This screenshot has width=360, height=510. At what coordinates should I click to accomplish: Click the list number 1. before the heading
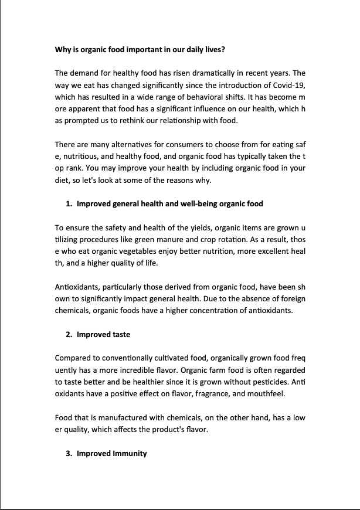(69, 204)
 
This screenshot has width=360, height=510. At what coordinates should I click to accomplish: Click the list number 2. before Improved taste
(69, 334)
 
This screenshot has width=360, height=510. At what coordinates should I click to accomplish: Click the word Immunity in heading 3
(130, 453)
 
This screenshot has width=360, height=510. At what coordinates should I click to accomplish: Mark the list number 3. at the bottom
(69, 453)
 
